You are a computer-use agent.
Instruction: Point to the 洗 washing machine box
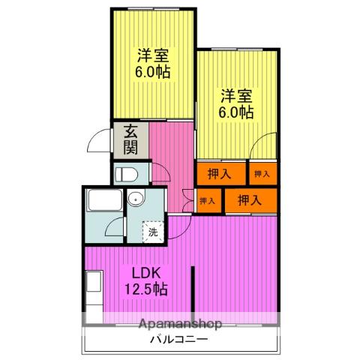tap(153, 232)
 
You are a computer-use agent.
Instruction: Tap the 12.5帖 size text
tap(145, 289)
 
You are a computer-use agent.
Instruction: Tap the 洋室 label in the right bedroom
tap(235, 95)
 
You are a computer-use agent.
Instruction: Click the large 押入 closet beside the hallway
tap(220, 173)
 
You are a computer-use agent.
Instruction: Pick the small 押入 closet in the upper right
tap(262, 174)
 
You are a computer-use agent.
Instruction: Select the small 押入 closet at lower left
tap(207, 200)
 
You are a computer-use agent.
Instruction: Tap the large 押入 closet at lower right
tap(247, 200)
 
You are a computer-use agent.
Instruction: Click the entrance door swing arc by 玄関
tap(99, 141)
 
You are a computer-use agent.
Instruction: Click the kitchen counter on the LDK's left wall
tap(92, 292)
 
